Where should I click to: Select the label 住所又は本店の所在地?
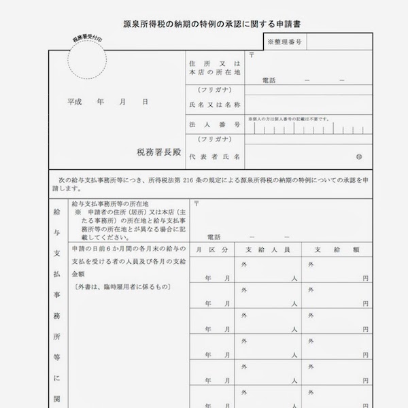click(214, 68)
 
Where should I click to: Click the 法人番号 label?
click(215, 125)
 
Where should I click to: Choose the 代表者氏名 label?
click(215, 156)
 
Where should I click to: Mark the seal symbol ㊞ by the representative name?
click(359, 157)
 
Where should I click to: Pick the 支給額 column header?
click(339, 250)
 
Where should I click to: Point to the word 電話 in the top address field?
click(270, 80)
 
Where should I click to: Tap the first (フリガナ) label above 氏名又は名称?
click(214, 90)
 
